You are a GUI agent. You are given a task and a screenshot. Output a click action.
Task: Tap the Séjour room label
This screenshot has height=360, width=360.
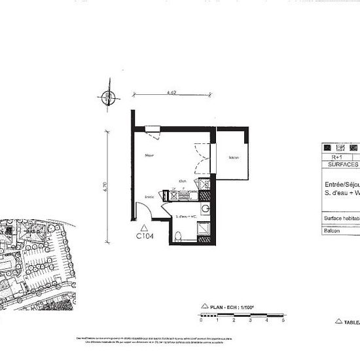150,155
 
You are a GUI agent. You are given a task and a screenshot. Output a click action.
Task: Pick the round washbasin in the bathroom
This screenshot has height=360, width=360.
205,209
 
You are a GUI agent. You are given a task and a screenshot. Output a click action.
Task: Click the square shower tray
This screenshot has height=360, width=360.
204,228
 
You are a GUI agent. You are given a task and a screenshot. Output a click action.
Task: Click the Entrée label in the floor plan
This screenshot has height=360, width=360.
149,196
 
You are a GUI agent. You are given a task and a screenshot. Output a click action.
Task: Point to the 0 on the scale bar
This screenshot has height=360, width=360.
202,322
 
